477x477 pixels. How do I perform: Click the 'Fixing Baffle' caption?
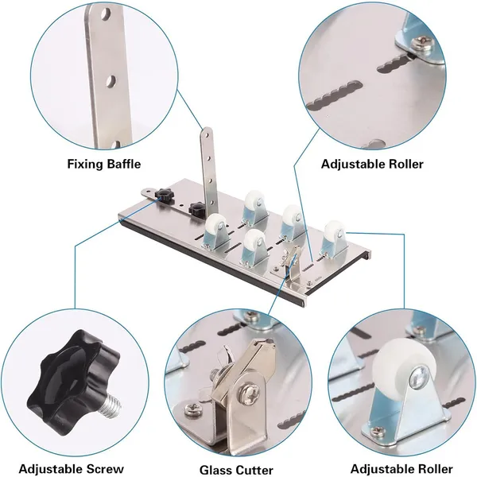[x=104, y=165]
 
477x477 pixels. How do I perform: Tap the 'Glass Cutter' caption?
[x=237, y=470]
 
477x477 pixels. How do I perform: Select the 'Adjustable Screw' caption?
[x=72, y=469]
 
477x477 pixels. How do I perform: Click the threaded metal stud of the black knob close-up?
[x=113, y=406]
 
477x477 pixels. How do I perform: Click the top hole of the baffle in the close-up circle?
[x=106, y=14]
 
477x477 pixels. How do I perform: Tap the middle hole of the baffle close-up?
[x=111, y=80]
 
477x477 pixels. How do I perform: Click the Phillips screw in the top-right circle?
[x=421, y=43]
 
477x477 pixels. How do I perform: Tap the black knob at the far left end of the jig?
[x=163, y=195]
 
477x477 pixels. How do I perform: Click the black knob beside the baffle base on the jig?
[x=196, y=209]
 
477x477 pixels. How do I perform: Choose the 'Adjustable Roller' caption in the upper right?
[x=372, y=165]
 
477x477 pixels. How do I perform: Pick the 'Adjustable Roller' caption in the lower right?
[x=401, y=469]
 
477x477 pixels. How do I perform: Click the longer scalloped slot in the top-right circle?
[x=334, y=95]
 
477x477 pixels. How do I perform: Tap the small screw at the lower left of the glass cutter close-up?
[x=192, y=409]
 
